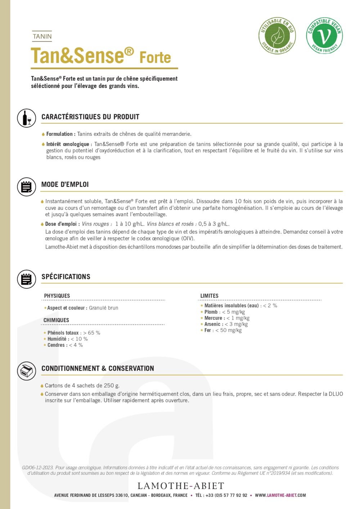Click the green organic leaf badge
point(277,36)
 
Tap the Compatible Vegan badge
point(324,36)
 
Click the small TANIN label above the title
point(42,36)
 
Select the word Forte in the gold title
point(155,58)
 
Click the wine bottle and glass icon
point(27,118)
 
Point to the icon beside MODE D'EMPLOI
point(27,187)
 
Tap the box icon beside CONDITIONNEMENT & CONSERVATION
point(27,371)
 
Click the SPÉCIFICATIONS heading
point(66,277)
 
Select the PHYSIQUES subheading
point(57,296)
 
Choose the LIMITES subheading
point(209,296)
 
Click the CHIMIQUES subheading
point(56,320)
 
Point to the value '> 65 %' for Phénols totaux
point(92,333)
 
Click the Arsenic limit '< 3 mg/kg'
point(237,324)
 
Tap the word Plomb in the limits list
point(211,312)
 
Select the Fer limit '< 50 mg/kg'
point(229,330)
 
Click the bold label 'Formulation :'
point(61,134)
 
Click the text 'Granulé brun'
point(103,308)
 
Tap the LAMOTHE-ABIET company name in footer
point(181,486)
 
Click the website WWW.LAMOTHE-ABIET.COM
point(280,495)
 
